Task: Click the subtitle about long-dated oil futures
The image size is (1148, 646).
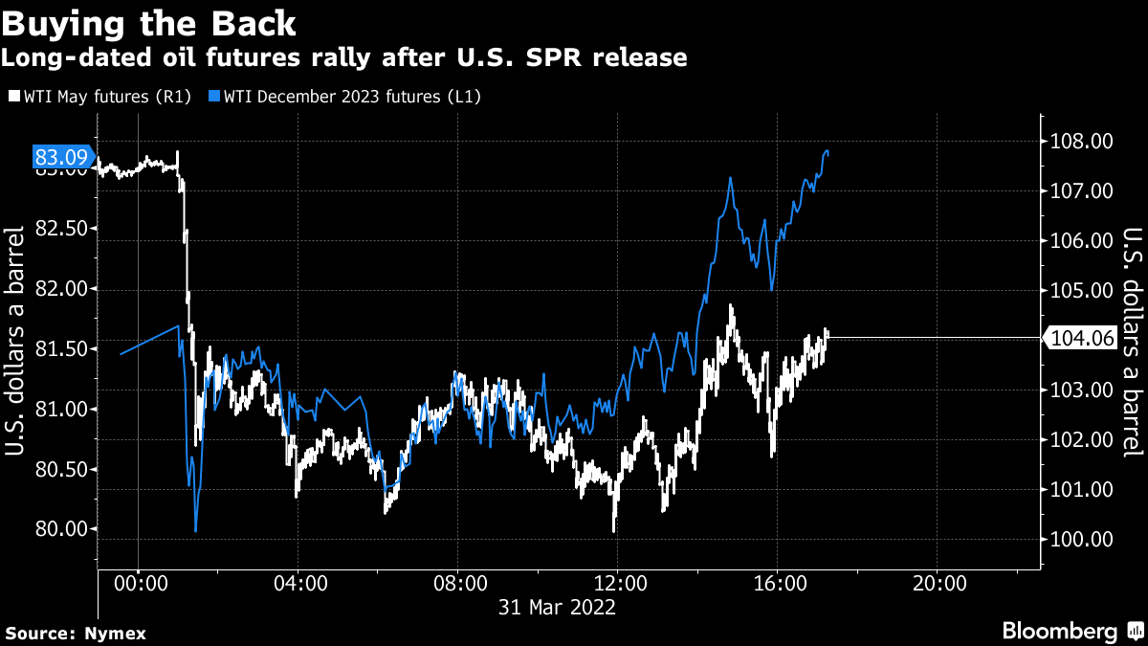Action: (343, 57)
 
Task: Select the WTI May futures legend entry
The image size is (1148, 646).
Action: (100, 96)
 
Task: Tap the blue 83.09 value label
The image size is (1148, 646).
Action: (61, 155)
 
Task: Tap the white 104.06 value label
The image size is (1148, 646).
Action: (1082, 338)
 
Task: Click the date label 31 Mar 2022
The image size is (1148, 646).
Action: (558, 607)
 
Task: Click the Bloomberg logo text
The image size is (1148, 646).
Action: (1059, 632)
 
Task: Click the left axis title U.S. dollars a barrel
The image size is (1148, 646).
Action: (16, 342)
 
